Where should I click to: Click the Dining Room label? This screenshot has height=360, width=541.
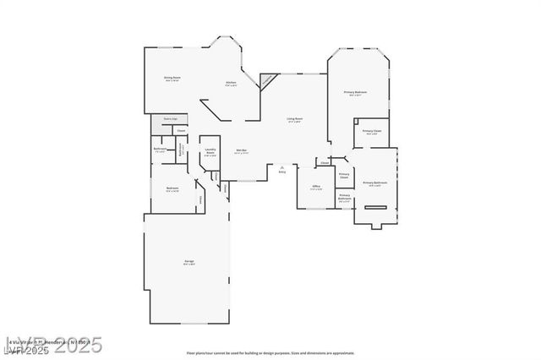[x=172, y=78]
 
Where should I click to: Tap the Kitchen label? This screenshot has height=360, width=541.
[x=231, y=82]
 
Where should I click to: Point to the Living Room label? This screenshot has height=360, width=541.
[x=295, y=119]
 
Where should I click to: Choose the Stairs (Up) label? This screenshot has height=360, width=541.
[x=170, y=119]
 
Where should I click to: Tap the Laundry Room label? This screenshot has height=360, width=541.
[x=210, y=152]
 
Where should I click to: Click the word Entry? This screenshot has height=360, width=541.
[x=281, y=172]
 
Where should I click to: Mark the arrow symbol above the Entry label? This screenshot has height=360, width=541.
[x=281, y=166]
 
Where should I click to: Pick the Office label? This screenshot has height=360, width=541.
[x=315, y=186]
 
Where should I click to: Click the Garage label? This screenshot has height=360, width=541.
[x=189, y=261]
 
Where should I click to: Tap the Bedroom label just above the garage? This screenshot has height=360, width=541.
[x=172, y=188]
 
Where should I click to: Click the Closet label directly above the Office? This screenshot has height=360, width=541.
[x=324, y=163]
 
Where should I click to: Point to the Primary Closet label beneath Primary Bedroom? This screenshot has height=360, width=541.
[x=372, y=131]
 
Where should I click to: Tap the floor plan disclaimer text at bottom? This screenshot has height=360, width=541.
[x=270, y=352]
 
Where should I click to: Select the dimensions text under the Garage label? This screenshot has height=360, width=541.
[x=189, y=265]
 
